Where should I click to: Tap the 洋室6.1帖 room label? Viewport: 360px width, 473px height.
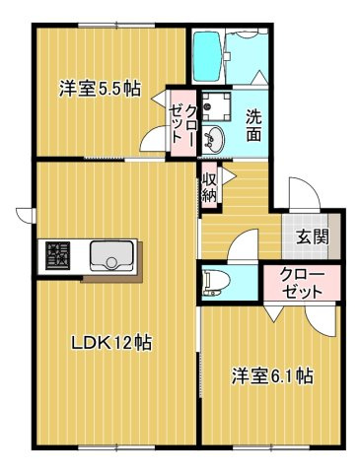pyautogui.click(x=272, y=375)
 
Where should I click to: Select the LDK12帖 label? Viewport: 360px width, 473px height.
pyautogui.click(x=109, y=343)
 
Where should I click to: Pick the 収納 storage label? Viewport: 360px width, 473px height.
pyautogui.click(x=210, y=187)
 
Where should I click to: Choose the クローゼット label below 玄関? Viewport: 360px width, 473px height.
pyautogui.click(x=301, y=283)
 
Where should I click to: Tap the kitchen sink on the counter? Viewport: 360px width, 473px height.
pyautogui.click(x=111, y=257)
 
